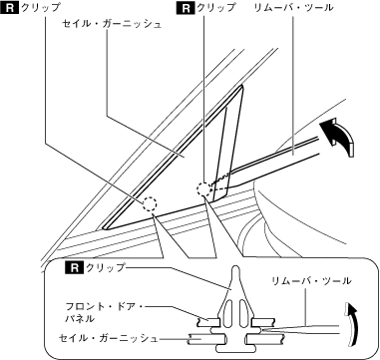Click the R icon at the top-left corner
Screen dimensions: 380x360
click(11, 8)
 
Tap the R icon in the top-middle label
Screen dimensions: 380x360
click(188, 8)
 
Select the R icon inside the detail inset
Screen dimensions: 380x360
click(75, 267)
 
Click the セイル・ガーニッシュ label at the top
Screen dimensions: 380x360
click(112, 24)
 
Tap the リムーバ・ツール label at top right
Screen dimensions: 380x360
click(293, 8)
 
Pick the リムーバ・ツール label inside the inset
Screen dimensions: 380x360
click(311, 281)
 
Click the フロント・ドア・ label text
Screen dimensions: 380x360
click(104, 306)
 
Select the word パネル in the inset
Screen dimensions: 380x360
click(80, 319)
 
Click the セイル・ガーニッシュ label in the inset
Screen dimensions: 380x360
click(108, 338)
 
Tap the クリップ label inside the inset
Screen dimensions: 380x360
click(105, 267)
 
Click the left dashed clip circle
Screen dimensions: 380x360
click(150, 203)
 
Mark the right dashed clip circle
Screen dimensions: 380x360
click(203, 189)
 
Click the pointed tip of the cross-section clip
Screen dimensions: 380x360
click(235, 267)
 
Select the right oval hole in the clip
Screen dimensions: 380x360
click(242, 315)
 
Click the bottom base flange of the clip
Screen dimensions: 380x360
click(235, 349)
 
